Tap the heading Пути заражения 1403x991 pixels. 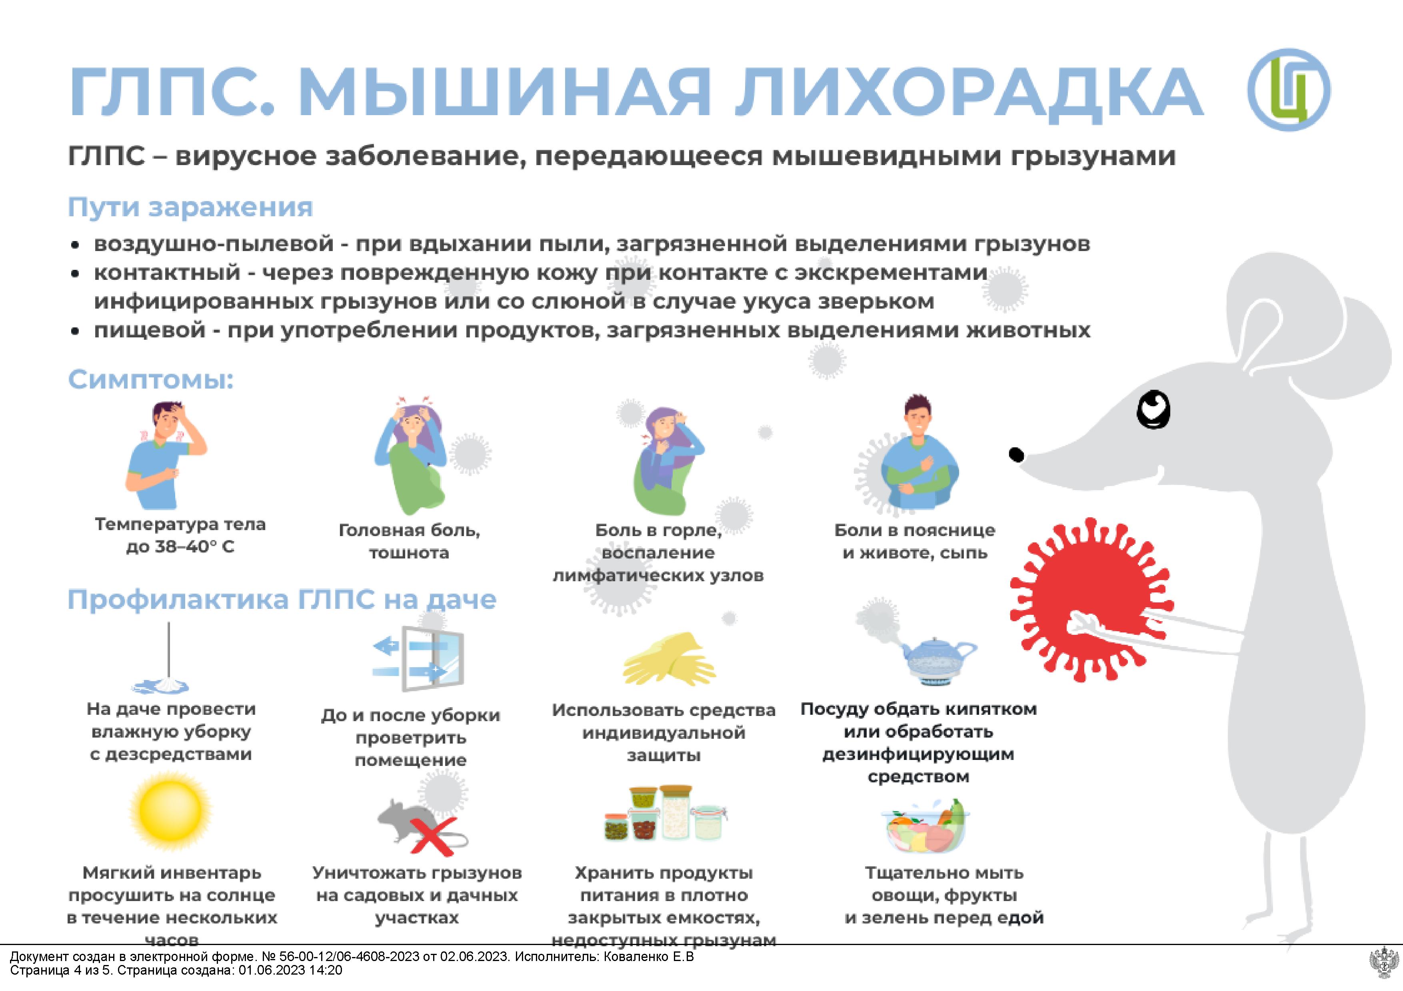[x=190, y=207]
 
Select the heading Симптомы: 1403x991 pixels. [x=151, y=379]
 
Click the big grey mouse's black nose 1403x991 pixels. [x=1015, y=454]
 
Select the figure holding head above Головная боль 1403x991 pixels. [x=412, y=455]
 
